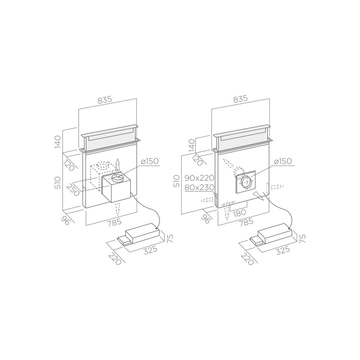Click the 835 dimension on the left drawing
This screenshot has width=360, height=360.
tap(105, 100)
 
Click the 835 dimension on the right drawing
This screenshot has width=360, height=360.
tap(240, 99)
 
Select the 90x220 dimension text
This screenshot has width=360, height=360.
tap(199, 178)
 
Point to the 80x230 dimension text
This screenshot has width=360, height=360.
tap(199, 188)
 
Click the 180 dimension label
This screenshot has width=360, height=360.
tap(239, 213)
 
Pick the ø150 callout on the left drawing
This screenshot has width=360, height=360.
tap(150, 161)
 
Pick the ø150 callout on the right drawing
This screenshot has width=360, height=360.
tap(283, 161)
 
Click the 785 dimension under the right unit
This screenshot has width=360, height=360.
tap(246, 222)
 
